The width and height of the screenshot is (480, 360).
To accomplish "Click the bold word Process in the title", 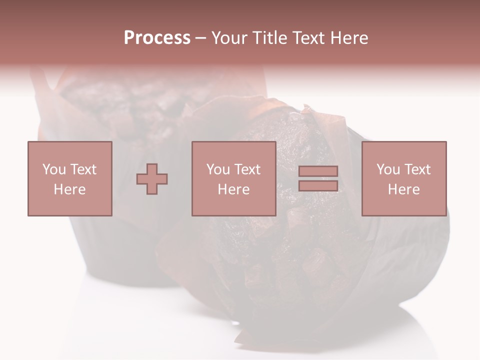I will point(157,38).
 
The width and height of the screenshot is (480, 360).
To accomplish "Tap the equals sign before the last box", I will point(318,178).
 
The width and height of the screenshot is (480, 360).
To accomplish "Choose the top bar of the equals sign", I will point(318,171).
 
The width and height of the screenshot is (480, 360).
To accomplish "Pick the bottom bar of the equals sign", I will point(318,185).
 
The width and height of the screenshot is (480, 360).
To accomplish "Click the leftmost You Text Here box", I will point(70,178).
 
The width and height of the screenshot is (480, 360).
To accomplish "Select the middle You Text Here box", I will point(233,178).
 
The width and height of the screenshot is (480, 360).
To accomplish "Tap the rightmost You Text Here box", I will point(404,178).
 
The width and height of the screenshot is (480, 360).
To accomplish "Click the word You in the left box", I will point(54,169).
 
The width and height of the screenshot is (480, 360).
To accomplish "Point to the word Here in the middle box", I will point(233,189).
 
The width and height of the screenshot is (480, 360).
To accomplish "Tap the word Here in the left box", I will point(70,189).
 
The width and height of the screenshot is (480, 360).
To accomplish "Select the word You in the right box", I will point(388,169).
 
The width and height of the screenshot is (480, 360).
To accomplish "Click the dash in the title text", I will point(201,38).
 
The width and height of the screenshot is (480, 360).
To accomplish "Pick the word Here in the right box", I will point(404,189).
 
